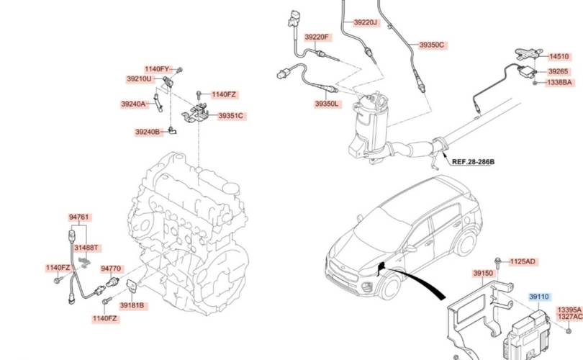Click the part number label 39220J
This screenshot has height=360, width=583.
[x=365, y=22]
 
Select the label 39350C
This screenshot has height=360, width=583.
[x=431, y=45]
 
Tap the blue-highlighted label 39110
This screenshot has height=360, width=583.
[x=539, y=297]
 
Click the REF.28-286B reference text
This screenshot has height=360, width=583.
[x=473, y=162]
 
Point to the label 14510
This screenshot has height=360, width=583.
[x=559, y=57]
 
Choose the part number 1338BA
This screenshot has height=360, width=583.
[x=559, y=82]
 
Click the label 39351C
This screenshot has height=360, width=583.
[x=230, y=116]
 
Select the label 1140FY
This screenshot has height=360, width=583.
[x=157, y=69]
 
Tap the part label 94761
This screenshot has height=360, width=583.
[x=79, y=217]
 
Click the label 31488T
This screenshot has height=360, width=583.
[x=86, y=248]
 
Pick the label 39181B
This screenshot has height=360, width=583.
[x=132, y=305]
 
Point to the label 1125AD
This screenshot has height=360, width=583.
[x=523, y=261]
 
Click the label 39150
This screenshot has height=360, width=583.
[x=483, y=274]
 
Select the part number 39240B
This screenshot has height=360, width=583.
[x=148, y=132]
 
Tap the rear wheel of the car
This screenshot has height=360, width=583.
[x=465, y=243]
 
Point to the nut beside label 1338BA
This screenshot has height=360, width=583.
[x=535, y=83]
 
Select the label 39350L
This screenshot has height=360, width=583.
[x=327, y=104]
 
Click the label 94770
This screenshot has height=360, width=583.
[x=111, y=269]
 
